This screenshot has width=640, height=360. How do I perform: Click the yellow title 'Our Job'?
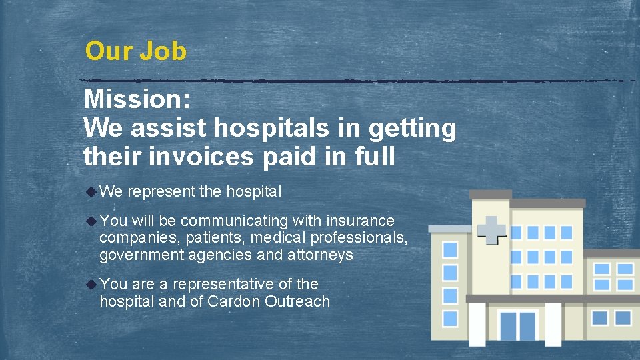coord(136,51)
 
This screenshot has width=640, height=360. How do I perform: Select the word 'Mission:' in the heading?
coord(137,100)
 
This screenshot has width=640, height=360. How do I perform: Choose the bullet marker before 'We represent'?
coord(91,192)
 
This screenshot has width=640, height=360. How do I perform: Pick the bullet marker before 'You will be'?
coord(91,221)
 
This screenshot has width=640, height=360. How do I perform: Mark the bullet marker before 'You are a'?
coord(91,284)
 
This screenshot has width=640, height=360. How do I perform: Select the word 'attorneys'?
coord(321,255)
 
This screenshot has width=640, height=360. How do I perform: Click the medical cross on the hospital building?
coord(492,230)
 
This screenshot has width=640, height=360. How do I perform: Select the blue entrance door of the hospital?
coord(518,325)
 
